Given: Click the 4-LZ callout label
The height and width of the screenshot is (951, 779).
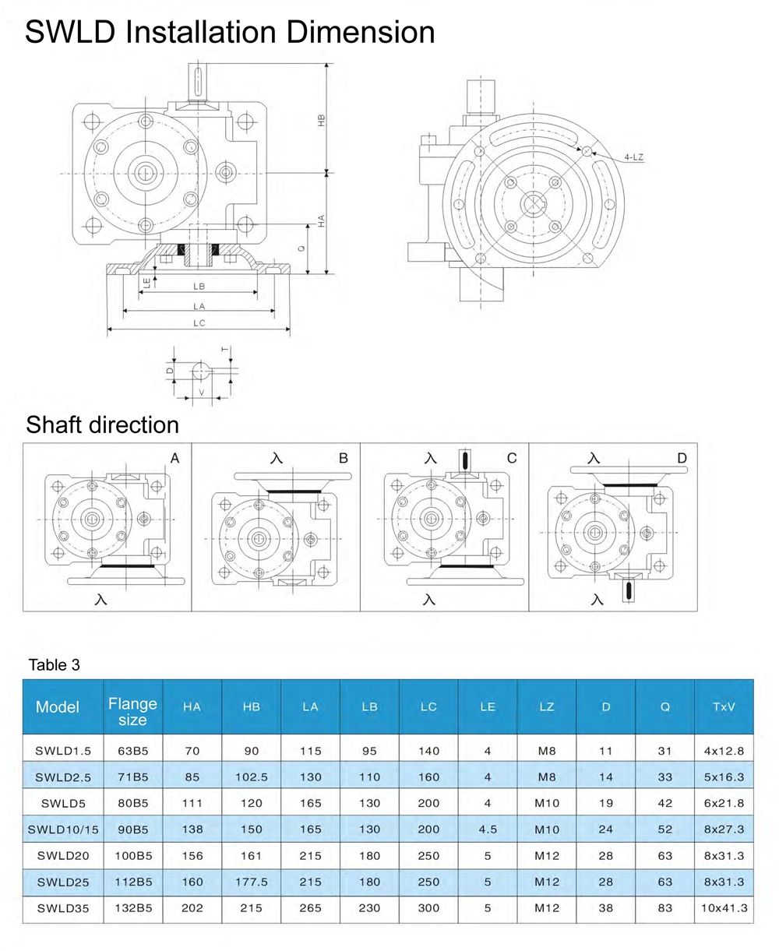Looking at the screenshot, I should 633,157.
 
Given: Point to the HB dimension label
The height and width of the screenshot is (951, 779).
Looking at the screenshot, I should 321,119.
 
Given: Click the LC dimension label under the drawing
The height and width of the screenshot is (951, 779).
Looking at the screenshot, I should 199,323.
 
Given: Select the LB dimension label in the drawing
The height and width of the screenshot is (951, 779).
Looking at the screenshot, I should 199,287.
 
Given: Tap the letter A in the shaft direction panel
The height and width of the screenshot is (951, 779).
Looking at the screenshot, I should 175,459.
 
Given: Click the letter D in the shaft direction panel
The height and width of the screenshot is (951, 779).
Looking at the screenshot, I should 682,458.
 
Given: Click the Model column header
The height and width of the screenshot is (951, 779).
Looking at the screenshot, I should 58,707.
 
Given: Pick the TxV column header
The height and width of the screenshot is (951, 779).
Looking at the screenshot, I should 724,707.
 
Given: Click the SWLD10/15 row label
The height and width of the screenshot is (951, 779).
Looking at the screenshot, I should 63,829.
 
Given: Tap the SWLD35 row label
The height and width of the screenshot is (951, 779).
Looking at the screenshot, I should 63,908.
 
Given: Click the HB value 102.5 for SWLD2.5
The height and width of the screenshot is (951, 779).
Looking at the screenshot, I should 251,777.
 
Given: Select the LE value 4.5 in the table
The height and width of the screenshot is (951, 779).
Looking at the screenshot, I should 488,829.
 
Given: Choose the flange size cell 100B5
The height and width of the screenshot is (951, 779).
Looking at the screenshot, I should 132,856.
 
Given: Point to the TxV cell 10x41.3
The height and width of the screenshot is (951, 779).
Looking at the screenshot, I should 724,908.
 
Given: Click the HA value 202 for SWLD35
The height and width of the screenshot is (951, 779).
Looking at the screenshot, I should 192,908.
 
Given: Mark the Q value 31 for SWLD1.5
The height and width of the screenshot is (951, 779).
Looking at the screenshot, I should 664,751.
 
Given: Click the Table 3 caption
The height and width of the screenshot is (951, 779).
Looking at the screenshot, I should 54,665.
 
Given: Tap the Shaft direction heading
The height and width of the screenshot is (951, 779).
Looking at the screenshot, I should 102,424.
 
